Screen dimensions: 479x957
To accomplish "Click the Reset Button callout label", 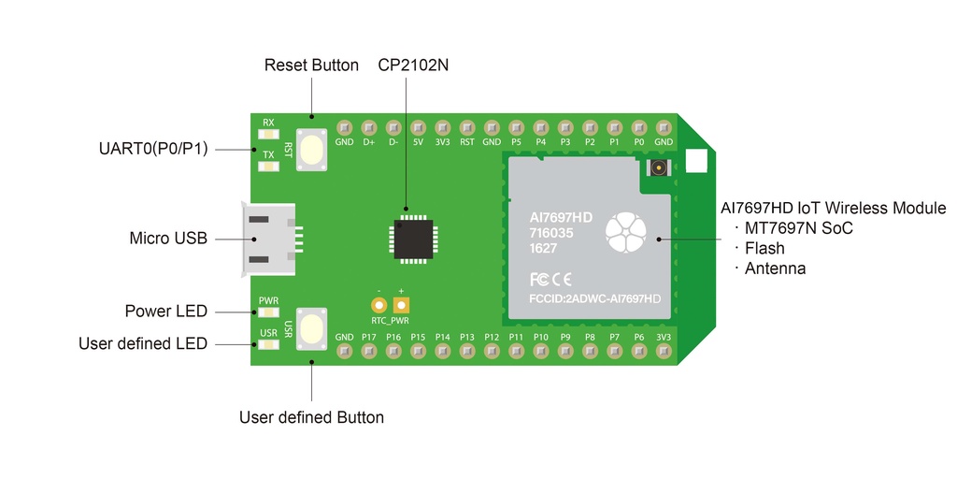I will pos(311,65).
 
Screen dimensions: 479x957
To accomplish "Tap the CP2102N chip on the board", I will pos(413,238).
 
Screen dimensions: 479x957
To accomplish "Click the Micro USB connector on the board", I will pos(270,239).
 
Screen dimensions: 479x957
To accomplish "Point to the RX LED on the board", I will pos(268,137).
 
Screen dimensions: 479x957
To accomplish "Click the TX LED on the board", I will pos(268,167).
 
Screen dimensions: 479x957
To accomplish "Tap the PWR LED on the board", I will pos(268,313).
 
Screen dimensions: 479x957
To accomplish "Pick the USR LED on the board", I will pos(268,344).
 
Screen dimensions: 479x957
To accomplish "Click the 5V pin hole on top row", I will pos(418,127).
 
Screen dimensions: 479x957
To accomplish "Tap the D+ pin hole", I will pos(368,127).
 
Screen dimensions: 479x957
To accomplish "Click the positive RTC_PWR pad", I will pos(402,305).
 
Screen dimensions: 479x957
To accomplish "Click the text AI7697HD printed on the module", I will pos(561,217).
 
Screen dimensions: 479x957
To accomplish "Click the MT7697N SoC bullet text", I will pos(798,228).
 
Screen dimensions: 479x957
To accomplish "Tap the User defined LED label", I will pos(143,344).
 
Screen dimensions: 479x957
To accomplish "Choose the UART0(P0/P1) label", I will pos(154,149).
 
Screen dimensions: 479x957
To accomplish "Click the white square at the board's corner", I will pos(697,161).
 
